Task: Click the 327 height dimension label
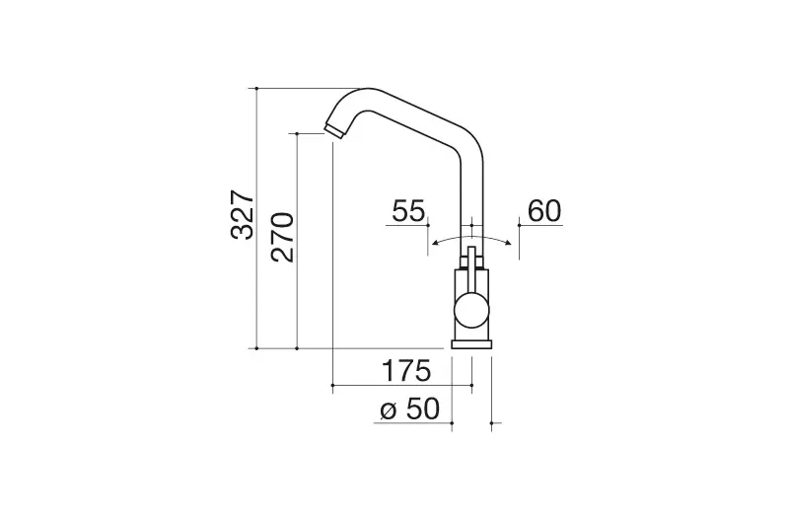243,215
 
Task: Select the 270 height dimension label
282,237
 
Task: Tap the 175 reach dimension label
406,371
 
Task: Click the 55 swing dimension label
408,211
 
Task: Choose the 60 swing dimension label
544,211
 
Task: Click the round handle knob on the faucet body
471,310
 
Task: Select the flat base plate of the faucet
471,343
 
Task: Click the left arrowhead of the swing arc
435,244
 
